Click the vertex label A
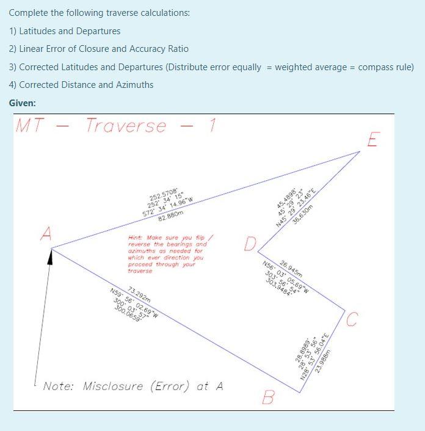(45, 234)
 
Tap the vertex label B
(267, 398)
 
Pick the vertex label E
(374, 140)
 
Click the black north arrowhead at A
(51, 259)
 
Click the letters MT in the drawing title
(31, 126)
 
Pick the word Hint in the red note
(136, 237)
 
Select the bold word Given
(23, 103)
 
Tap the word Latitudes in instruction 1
(38, 31)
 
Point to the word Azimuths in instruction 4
(134, 85)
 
